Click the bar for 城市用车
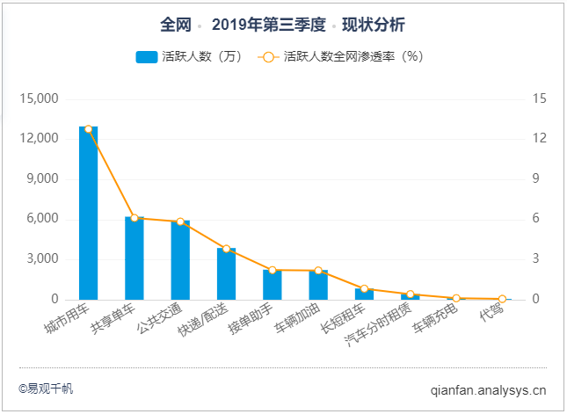pyautogui.click(x=88, y=214)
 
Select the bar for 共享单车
pyautogui.click(x=134, y=258)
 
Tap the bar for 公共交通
pyautogui.click(x=180, y=260)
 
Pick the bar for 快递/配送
pyautogui.click(x=226, y=274)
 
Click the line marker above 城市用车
pyautogui.click(x=88, y=129)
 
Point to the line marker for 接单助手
pyautogui.click(x=273, y=270)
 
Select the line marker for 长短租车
pyautogui.click(x=364, y=288)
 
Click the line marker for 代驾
pyautogui.click(x=502, y=299)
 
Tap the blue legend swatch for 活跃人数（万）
pyautogui.click(x=146, y=57)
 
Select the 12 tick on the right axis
pyautogui.click(x=539, y=139)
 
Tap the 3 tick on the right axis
pyautogui.click(x=536, y=259)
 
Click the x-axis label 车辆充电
pyautogui.click(x=433, y=322)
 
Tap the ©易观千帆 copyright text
pyautogui.click(x=46, y=388)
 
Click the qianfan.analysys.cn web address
pyautogui.click(x=489, y=389)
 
